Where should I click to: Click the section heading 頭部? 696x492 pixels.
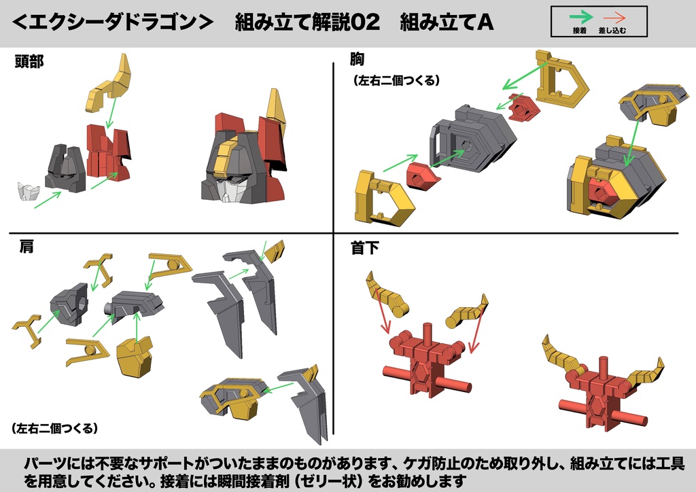coord(29,63)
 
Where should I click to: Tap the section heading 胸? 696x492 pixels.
coord(358,60)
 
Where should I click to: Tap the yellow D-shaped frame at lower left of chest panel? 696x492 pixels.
coord(381,198)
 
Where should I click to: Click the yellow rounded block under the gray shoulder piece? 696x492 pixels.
coord(135,357)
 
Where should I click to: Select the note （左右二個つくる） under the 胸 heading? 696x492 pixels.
coord(397,80)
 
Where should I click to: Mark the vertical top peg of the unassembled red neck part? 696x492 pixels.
coord(428,332)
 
